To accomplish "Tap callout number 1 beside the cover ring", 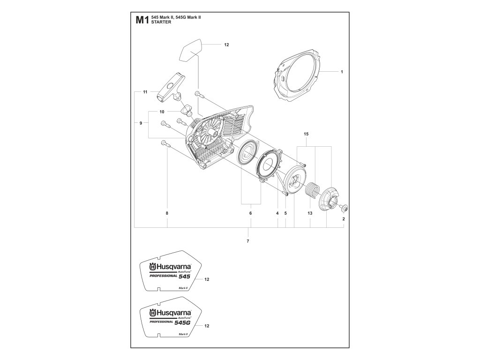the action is [x=342, y=72].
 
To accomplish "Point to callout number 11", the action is [x=145, y=92].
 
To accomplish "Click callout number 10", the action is [x=162, y=112].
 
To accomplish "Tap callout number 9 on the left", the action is [x=141, y=123].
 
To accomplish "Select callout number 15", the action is [x=306, y=135].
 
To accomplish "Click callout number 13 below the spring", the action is [x=310, y=213].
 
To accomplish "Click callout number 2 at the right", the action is [x=344, y=219].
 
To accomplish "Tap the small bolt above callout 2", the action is [x=343, y=207].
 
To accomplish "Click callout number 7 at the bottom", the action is [x=248, y=241].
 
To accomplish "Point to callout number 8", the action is [x=167, y=213].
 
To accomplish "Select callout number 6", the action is [x=250, y=213].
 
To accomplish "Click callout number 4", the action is [x=277, y=213].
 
